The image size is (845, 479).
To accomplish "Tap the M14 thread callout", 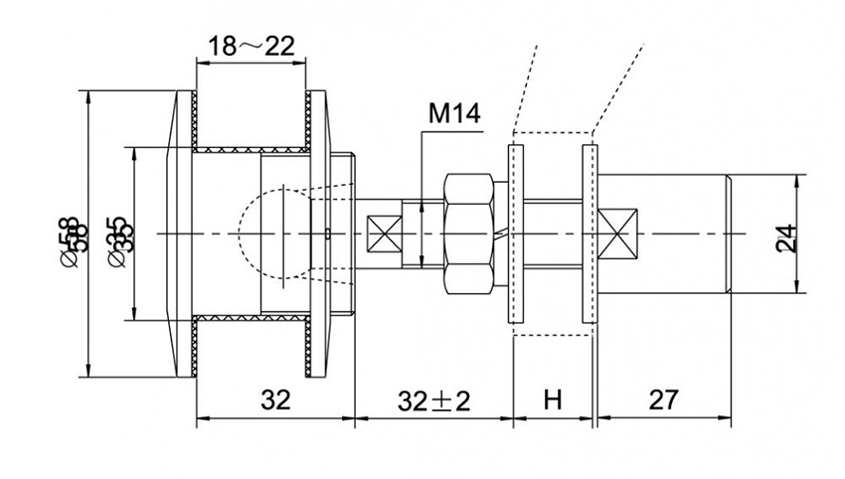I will [x=454, y=114].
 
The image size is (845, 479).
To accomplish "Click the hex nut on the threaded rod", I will [x=467, y=235].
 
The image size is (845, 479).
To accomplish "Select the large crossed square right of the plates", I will [x=617, y=236].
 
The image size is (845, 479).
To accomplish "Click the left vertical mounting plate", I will [x=515, y=235].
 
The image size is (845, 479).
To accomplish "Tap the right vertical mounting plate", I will [x=590, y=235].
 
